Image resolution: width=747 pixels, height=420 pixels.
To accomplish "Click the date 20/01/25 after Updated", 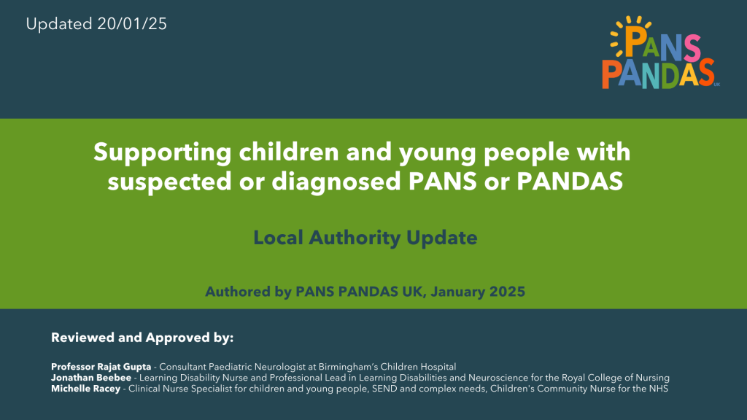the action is tap(132, 24).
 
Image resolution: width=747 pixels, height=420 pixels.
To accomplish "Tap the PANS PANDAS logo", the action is tap(661, 52).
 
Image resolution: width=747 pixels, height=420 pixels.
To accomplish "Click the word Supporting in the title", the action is tap(163, 153).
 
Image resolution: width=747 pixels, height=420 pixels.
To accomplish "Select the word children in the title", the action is tap(289, 152).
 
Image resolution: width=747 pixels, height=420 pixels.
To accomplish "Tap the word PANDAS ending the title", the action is tap(570, 182).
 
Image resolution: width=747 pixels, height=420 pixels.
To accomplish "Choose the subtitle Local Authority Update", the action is tap(365, 238).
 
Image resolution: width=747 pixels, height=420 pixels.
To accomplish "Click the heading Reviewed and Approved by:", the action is tap(142, 338).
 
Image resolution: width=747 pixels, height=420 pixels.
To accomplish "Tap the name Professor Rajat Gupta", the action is tap(101, 367).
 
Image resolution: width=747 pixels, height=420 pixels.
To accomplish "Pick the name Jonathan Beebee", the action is tap(91, 378).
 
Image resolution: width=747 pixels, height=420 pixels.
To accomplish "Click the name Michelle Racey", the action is tap(86, 389).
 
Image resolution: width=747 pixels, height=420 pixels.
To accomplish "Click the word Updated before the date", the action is tap(59, 24).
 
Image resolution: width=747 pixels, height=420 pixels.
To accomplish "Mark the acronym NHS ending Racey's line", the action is tap(659, 389).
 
